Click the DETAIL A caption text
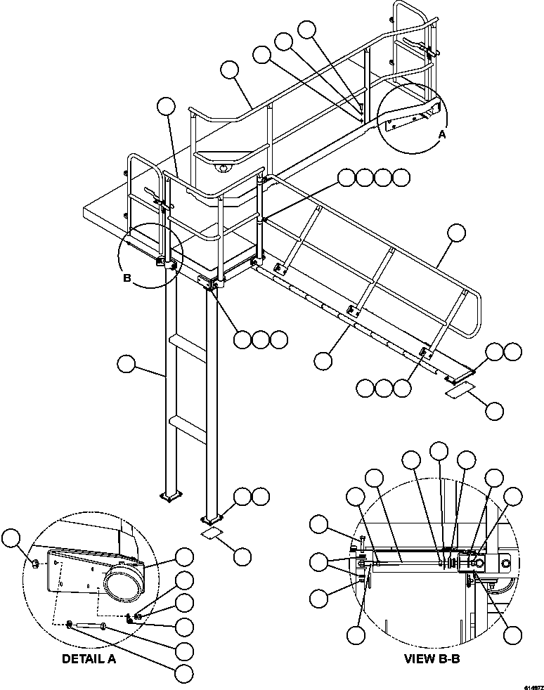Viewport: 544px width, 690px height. coord(89,659)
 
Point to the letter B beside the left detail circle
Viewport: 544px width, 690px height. coord(127,278)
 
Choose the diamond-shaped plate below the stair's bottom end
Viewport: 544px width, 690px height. coord(460,389)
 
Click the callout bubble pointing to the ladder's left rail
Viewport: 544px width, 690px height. coord(126,365)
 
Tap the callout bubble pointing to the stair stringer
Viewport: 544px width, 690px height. coord(323,361)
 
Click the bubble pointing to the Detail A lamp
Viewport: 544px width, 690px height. coord(185,557)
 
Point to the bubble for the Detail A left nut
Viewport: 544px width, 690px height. coord(11,539)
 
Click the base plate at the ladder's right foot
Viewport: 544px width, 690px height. coord(210,521)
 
